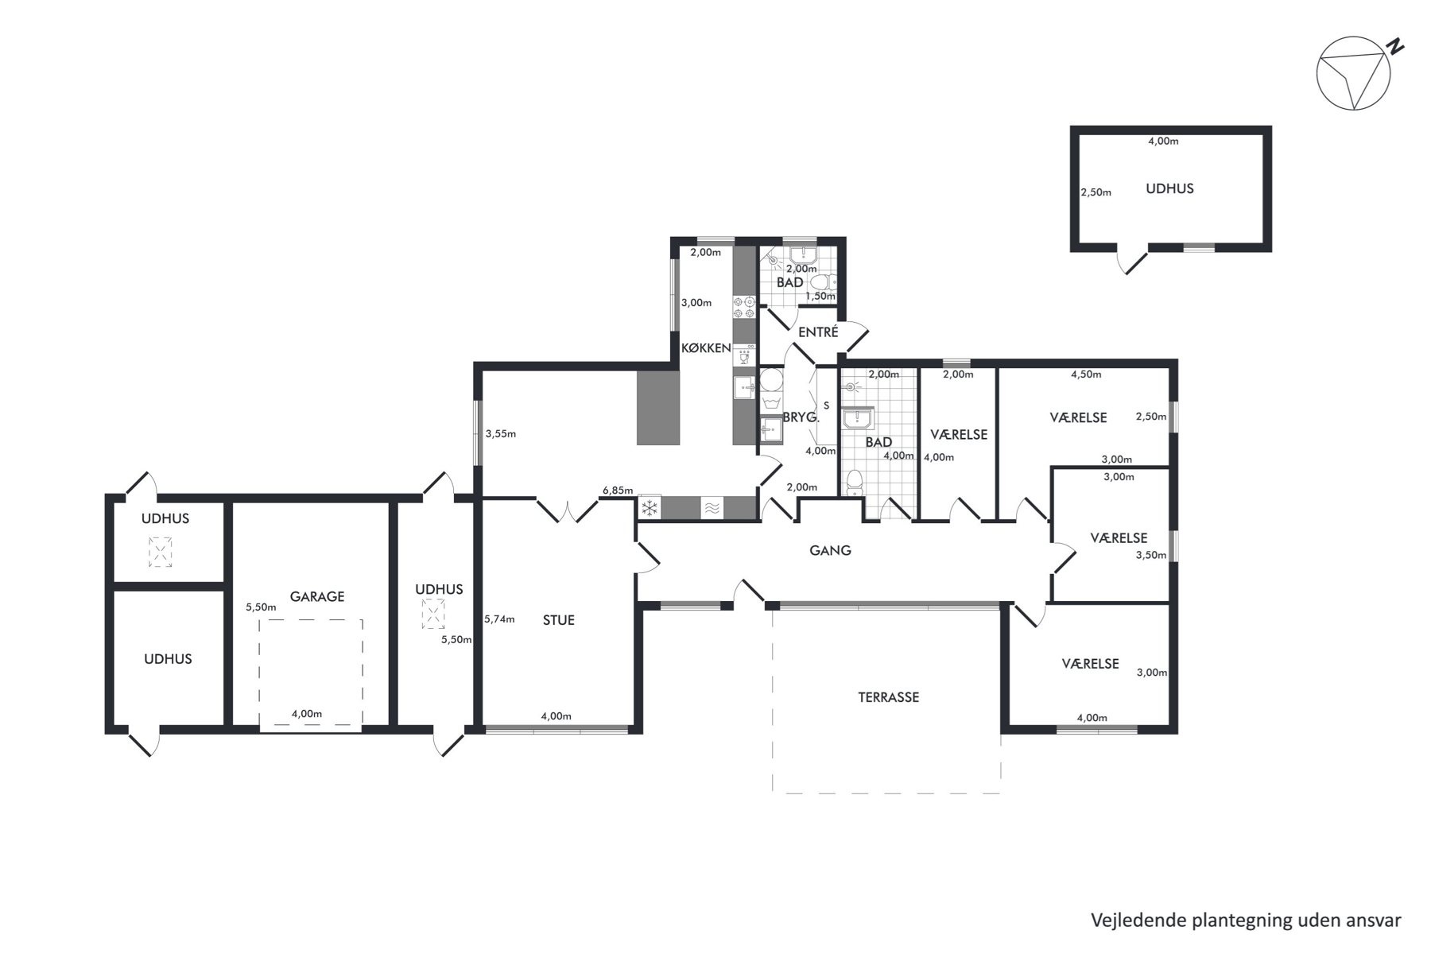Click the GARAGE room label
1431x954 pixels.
coord(317,596)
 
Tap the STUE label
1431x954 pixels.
coord(559,620)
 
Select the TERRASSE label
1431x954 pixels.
coord(889,697)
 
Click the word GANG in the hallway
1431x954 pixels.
coord(830,550)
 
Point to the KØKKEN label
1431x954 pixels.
coord(706,347)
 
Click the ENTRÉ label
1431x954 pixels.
coord(818,332)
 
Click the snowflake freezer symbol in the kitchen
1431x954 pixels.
coord(650,507)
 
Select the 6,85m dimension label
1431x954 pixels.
coord(618,491)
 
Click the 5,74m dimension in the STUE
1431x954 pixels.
coord(499,619)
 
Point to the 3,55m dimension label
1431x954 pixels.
coord(501,434)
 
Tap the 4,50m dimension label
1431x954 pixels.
coord(1086,374)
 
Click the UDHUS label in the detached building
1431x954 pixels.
coord(1169,188)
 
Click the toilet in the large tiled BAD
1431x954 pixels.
coord(855,483)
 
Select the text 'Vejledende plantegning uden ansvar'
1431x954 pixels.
coord(1246,921)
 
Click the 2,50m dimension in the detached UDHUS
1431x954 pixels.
coord(1096,192)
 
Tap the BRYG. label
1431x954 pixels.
coord(796,417)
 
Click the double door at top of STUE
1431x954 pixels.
coord(567,510)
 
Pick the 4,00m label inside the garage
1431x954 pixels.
coord(306,714)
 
